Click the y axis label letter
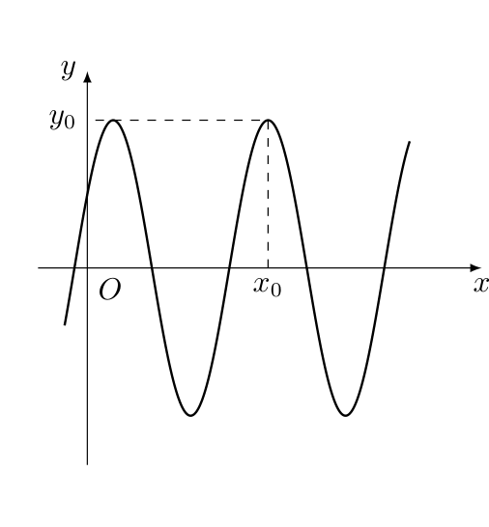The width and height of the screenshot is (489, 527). [69, 69]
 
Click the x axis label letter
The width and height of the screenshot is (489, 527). [481, 285]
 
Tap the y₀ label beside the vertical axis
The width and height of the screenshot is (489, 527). [62, 120]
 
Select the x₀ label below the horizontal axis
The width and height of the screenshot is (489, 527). [268, 288]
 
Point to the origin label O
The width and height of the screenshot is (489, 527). [110, 289]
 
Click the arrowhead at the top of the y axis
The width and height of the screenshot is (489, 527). [88, 77]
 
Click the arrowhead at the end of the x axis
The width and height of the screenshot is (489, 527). [475, 268]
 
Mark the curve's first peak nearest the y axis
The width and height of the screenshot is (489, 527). [114, 120]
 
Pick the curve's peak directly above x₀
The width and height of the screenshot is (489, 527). [269, 120]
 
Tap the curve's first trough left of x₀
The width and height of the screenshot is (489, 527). [190, 415]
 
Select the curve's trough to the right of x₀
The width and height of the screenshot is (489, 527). [346, 415]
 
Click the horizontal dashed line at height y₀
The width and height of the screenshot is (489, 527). [182, 120]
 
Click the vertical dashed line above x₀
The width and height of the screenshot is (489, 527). [269, 194]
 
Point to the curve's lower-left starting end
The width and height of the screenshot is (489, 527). [65, 324]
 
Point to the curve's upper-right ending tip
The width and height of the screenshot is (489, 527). [410, 142]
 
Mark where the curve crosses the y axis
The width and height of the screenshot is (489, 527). [88, 194]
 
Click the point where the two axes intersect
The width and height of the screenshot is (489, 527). [88, 268]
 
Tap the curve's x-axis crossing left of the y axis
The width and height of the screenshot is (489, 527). [74, 268]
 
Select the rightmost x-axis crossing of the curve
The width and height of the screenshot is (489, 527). [385, 268]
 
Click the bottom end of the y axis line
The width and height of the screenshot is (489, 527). [88, 464]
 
